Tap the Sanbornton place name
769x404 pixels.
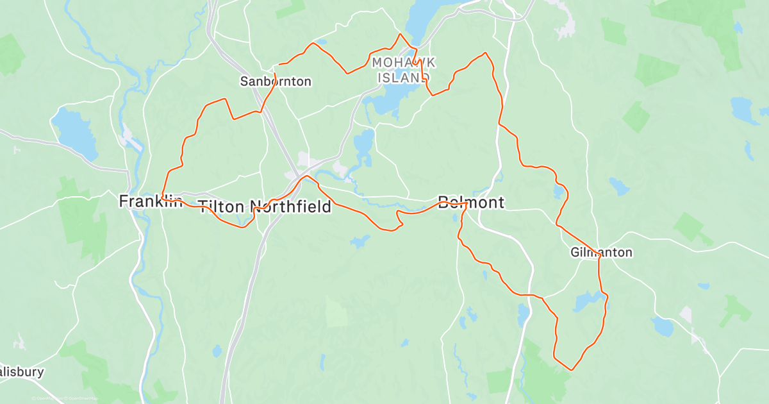(276, 81)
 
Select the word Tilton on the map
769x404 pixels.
(221, 206)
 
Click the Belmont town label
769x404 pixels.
(471, 203)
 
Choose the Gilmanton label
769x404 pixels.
(601, 253)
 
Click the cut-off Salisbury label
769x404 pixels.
(22, 372)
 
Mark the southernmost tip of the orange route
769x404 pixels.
(570, 370)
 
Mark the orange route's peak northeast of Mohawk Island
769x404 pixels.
(485, 53)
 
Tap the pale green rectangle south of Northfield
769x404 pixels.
(336, 312)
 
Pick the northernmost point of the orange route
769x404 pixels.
(401, 34)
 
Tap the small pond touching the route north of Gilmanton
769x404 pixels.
(559, 192)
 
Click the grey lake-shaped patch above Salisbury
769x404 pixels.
(19, 342)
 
